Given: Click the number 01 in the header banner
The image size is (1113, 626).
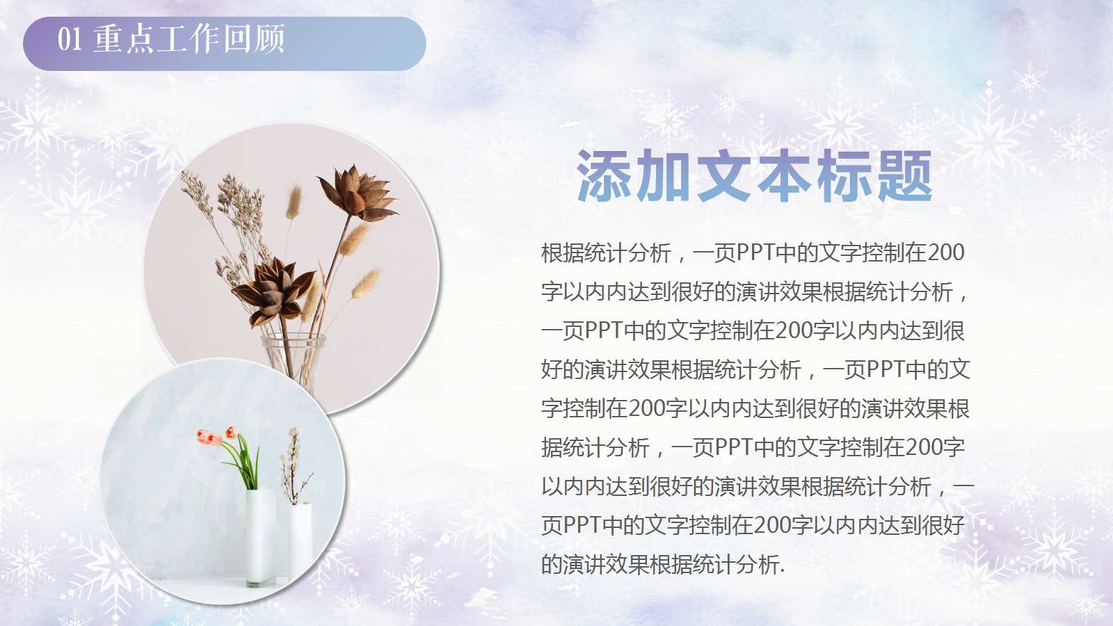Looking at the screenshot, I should [70, 39].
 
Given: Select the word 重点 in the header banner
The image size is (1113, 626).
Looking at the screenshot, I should [123, 39].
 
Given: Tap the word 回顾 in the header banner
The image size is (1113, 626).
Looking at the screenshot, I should [254, 39].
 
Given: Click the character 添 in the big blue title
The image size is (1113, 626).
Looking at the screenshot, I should [604, 177].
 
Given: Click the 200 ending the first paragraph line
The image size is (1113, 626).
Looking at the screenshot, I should [945, 253].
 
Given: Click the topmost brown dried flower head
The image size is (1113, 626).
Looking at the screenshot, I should [357, 191].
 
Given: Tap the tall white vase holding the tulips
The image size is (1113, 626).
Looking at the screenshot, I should [260, 536].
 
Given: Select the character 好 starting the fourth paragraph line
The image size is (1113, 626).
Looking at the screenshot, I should [552, 370].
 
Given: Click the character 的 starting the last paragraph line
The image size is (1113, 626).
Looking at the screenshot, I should [552, 565].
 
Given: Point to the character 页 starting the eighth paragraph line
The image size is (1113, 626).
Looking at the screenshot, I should [552, 526].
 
